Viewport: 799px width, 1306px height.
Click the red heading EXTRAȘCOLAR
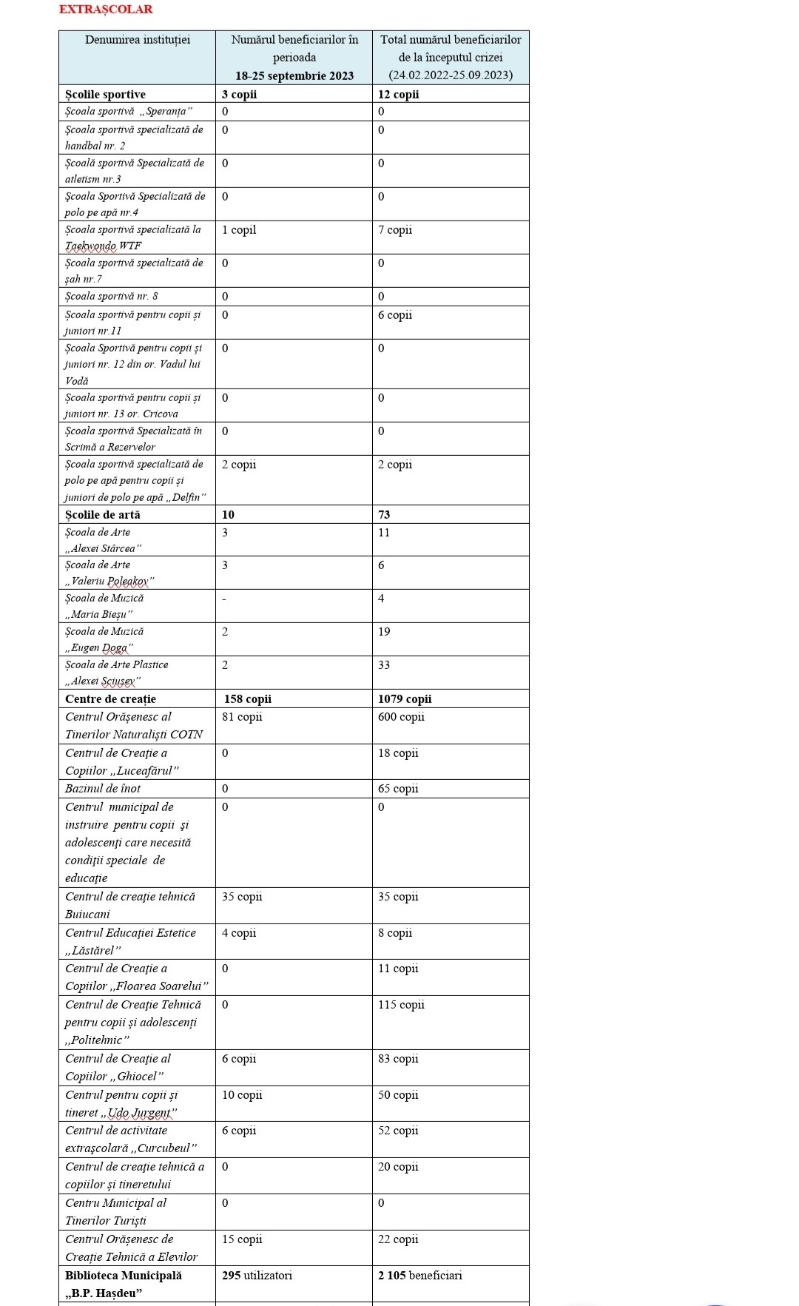click(x=106, y=10)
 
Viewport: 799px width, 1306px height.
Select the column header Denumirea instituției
click(x=138, y=40)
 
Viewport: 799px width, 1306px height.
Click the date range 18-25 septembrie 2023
click(x=294, y=75)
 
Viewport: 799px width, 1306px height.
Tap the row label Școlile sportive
click(x=105, y=94)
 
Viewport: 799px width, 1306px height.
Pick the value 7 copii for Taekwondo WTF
click(x=395, y=230)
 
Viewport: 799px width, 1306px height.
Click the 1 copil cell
click(x=239, y=230)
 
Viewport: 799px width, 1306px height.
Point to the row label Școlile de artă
click(x=102, y=514)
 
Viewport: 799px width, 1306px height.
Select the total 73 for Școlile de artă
click(x=384, y=514)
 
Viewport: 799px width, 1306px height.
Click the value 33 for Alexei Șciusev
click(x=384, y=664)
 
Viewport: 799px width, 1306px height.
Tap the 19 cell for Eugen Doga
click(x=384, y=631)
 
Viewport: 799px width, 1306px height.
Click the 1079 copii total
click(x=405, y=699)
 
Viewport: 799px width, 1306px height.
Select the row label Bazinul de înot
click(x=103, y=788)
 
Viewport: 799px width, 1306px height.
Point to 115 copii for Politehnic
click(x=401, y=1004)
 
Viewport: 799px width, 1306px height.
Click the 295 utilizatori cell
click(x=257, y=1275)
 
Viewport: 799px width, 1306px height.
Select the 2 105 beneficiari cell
click(x=419, y=1275)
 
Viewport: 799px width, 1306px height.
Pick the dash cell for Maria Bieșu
click(x=224, y=599)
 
